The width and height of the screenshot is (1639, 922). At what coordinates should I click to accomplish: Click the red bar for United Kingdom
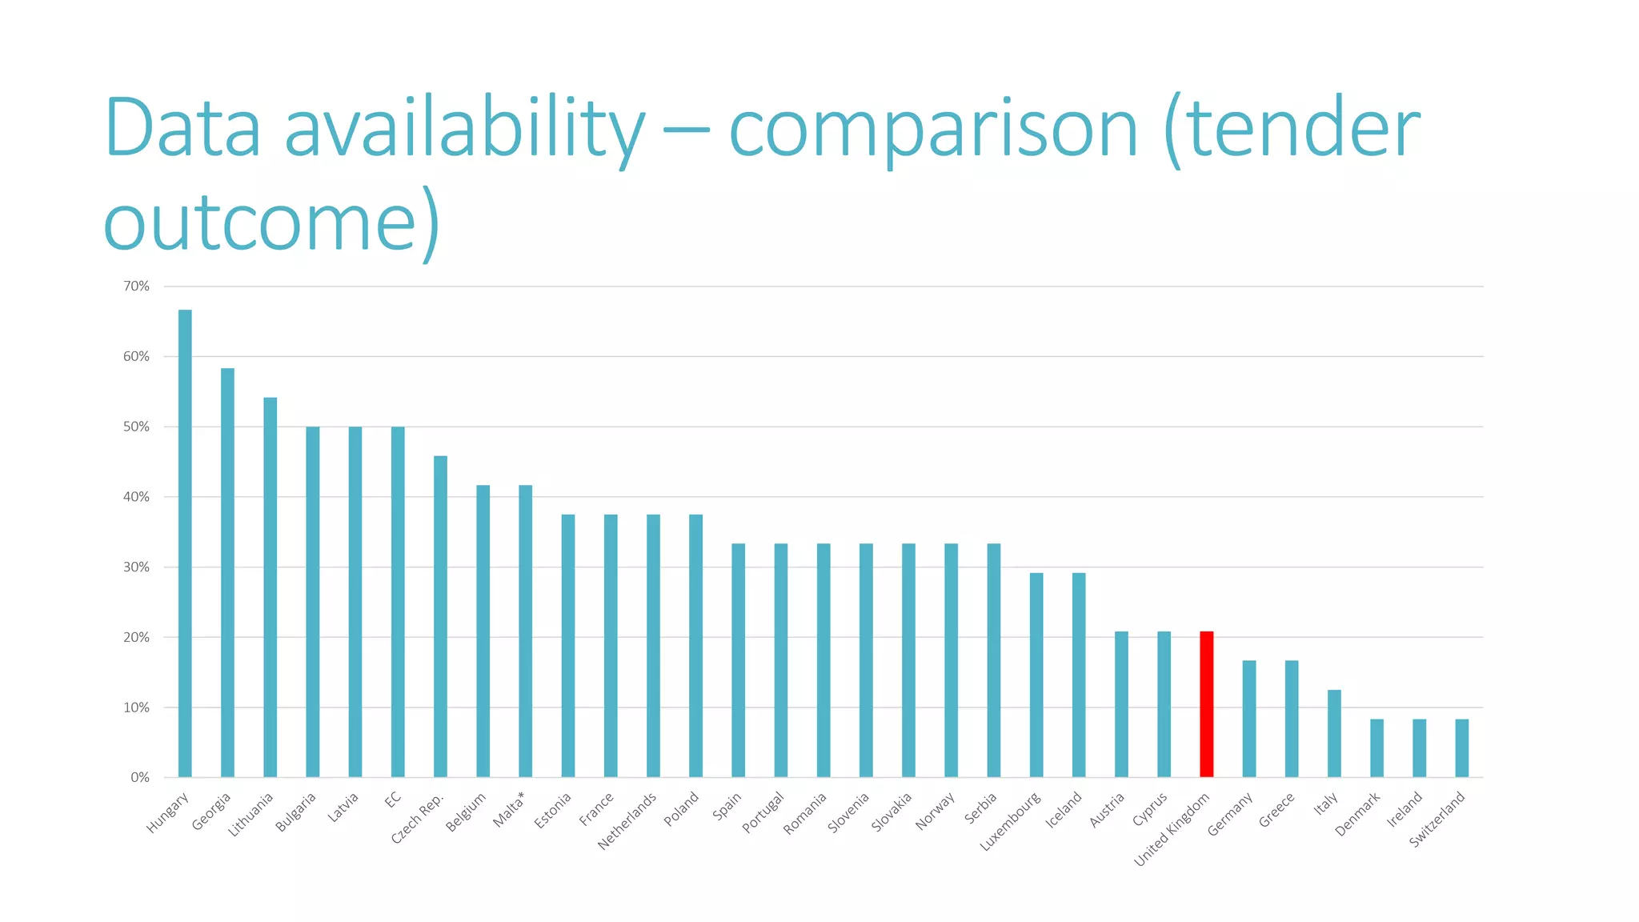click(x=1206, y=704)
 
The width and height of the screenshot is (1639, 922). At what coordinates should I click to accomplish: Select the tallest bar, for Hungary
click(x=185, y=543)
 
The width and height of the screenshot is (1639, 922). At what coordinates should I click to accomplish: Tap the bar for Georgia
click(x=227, y=572)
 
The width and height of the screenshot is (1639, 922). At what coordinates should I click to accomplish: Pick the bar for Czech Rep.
click(x=440, y=616)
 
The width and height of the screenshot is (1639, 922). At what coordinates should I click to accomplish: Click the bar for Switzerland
click(x=1461, y=748)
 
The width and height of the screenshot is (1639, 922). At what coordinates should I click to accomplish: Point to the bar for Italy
click(x=1334, y=733)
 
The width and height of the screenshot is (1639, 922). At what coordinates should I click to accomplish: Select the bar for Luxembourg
click(x=1036, y=675)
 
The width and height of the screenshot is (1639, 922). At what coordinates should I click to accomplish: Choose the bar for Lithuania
click(x=270, y=587)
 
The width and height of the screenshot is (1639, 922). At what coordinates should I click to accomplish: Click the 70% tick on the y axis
click(x=136, y=287)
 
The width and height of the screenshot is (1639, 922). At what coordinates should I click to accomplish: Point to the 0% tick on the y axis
click(x=140, y=777)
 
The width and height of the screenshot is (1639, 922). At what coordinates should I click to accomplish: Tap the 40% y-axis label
click(x=136, y=497)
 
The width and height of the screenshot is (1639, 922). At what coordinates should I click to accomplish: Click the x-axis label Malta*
click(x=509, y=809)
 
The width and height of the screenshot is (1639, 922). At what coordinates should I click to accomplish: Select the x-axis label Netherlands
click(x=627, y=820)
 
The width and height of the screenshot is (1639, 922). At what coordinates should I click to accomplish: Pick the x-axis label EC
click(x=392, y=799)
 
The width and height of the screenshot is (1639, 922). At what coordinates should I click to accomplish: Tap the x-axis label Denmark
click(x=1357, y=814)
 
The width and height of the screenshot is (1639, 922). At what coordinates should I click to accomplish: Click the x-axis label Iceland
click(x=1064, y=809)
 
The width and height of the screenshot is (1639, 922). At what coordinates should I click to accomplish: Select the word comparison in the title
click(x=932, y=130)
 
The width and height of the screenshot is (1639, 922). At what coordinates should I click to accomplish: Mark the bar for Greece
click(x=1292, y=719)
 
